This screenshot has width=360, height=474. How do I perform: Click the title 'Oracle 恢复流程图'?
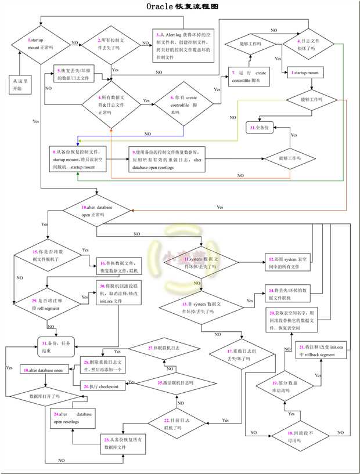tap(182, 7)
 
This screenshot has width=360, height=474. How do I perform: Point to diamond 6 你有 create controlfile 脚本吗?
tap(183, 104)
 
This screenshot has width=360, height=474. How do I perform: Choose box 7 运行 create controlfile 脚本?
tap(249, 77)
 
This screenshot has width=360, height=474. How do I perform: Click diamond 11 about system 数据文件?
tap(201, 261)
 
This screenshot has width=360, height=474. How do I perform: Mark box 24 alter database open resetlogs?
tap(72, 418)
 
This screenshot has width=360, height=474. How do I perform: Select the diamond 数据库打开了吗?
tap(45, 397)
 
